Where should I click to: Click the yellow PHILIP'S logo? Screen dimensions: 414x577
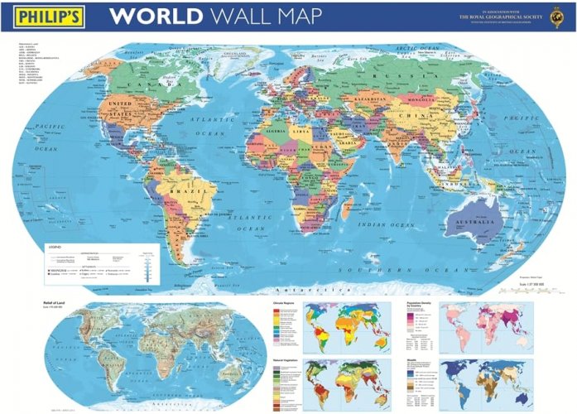click(x=44, y=17)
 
